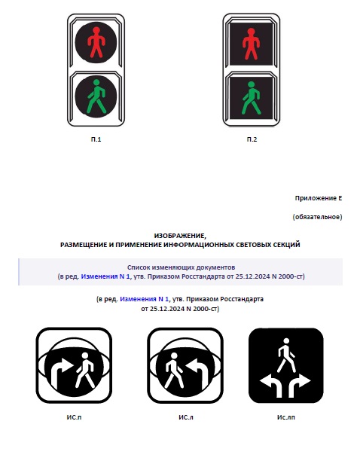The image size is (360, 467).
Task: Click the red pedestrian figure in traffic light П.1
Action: coord(96,42)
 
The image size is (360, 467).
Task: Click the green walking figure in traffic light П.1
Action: coord(96,96)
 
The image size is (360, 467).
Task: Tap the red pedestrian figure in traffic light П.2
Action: coord(251,44)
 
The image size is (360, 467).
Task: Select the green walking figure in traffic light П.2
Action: coord(252,98)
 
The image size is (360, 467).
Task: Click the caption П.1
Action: coord(96,139)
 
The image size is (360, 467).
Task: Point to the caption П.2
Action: coord(252,139)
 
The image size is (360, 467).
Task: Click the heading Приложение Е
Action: coord(319,198)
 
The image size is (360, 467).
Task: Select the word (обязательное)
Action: coord(317,217)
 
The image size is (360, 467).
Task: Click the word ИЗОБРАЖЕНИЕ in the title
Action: coord(180,236)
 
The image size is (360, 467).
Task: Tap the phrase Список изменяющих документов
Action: coord(181,267)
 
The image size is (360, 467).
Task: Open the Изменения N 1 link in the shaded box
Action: coord(105,276)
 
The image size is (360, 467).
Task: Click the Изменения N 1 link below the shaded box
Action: coord(144,299)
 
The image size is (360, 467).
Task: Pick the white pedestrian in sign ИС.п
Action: coord(85,370)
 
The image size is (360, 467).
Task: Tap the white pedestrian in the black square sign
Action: coord(286,356)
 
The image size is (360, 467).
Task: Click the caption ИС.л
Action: coord(186,417)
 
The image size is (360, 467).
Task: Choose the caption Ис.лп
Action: coord(286,417)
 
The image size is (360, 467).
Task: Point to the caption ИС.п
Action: coord(74,417)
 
